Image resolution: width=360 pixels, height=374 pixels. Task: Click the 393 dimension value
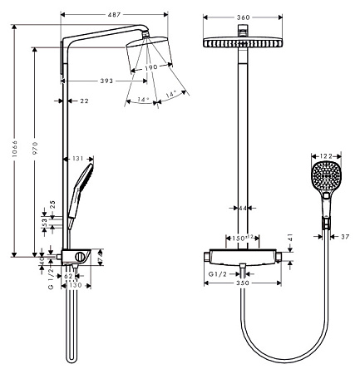97,81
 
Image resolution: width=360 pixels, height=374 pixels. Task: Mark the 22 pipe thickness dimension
85,101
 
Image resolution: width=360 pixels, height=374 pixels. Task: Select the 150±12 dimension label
241,237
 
